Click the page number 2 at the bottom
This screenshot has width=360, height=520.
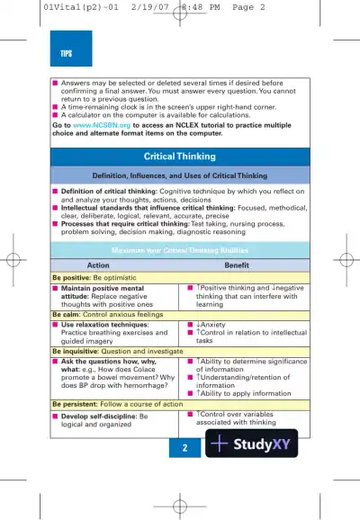pos(184,447)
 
